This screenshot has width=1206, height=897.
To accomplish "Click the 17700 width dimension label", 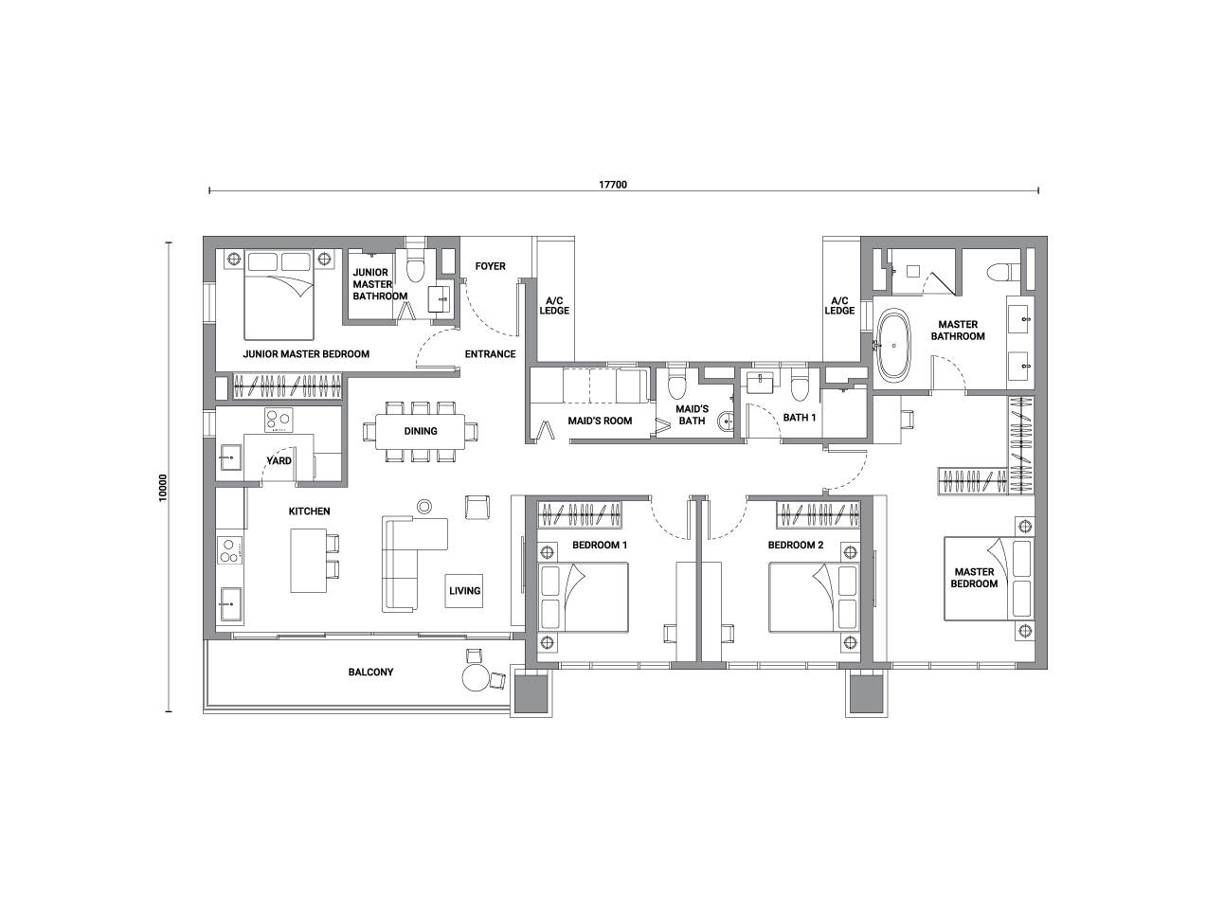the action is click(613, 185).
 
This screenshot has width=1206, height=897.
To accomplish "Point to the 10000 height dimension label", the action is click(163, 488).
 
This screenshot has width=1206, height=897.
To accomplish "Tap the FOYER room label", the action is click(490, 266).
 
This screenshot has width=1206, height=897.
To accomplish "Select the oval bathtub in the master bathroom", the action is click(893, 345).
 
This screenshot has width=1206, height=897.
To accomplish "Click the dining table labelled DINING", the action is click(421, 432).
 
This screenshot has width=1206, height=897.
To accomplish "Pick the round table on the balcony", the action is click(476, 677).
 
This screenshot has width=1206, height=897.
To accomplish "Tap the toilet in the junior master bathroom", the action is click(416, 268).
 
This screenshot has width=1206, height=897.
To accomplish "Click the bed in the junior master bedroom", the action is click(279, 295).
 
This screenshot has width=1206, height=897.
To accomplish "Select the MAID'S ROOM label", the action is click(600, 421).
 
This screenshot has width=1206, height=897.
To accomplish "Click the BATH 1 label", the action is click(800, 418).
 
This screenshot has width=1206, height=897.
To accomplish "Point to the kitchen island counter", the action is click(308, 561).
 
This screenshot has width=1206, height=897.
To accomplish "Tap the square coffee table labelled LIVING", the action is click(464, 591).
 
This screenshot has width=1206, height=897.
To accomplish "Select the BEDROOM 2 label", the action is click(796, 545).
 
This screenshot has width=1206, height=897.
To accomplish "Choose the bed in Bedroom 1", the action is click(583, 598).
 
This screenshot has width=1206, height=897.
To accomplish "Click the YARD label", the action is click(279, 461).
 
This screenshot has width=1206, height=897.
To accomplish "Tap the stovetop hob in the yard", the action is click(279, 421).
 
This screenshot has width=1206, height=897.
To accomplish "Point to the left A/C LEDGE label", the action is click(554, 306).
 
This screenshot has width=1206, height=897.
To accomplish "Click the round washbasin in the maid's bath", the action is click(726, 421).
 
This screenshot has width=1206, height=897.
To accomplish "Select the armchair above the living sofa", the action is click(477, 507).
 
